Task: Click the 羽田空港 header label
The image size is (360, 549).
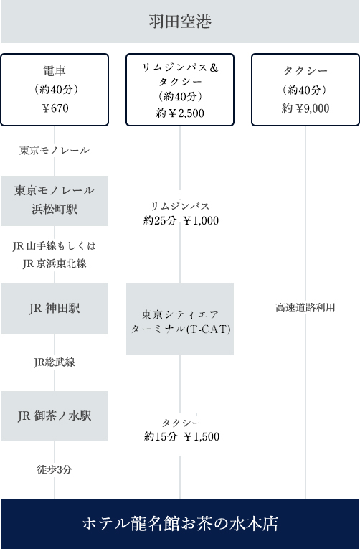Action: (x=180, y=22)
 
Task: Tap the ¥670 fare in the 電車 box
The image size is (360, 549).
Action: (x=55, y=108)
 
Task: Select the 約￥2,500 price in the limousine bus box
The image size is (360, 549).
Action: (x=180, y=113)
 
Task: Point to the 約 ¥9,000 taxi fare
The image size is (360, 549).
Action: (x=305, y=108)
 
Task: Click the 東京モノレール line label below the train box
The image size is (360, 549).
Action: (x=55, y=151)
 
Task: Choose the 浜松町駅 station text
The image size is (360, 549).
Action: (x=55, y=209)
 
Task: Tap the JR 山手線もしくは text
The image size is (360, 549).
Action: (x=55, y=246)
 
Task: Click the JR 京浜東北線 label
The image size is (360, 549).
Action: (x=55, y=263)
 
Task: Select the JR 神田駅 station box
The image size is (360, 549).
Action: (x=55, y=309)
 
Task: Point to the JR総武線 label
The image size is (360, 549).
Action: (x=55, y=362)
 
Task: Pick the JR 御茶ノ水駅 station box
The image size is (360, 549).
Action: (x=55, y=416)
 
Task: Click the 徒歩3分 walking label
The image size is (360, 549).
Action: (x=55, y=469)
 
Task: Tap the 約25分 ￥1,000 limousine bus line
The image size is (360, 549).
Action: (x=181, y=220)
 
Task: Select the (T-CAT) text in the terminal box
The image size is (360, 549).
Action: (x=209, y=329)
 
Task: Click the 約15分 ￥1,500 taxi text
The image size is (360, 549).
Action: (x=181, y=436)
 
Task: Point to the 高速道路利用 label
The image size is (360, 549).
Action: (x=305, y=308)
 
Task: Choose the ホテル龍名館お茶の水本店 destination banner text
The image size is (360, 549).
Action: (x=180, y=524)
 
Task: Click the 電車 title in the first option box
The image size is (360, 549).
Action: (x=55, y=71)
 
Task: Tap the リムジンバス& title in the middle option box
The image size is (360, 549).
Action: (x=180, y=67)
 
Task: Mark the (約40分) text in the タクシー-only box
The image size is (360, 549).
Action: (x=304, y=90)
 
